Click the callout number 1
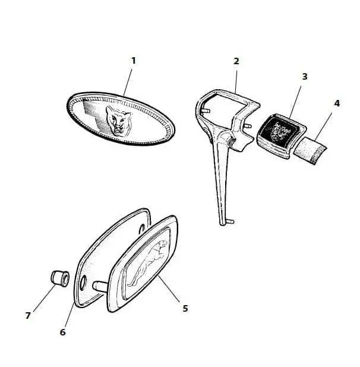[x=134, y=61]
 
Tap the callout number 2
[x=236, y=61]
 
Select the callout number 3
[x=305, y=76]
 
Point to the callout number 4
[x=337, y=103]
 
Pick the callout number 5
[x=185, y=308]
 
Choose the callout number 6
[x=62, y=332]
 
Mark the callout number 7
[x=28, y=315]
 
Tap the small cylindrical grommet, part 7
[x=60, y=278]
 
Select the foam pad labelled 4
[x=310, y=150]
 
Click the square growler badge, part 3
[x=281, y=136]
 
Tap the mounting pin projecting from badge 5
[x=100, y=286]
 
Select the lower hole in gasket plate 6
[x=83, y=282]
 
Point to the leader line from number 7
[x=45, y=297]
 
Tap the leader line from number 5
[x=169, y=289]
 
